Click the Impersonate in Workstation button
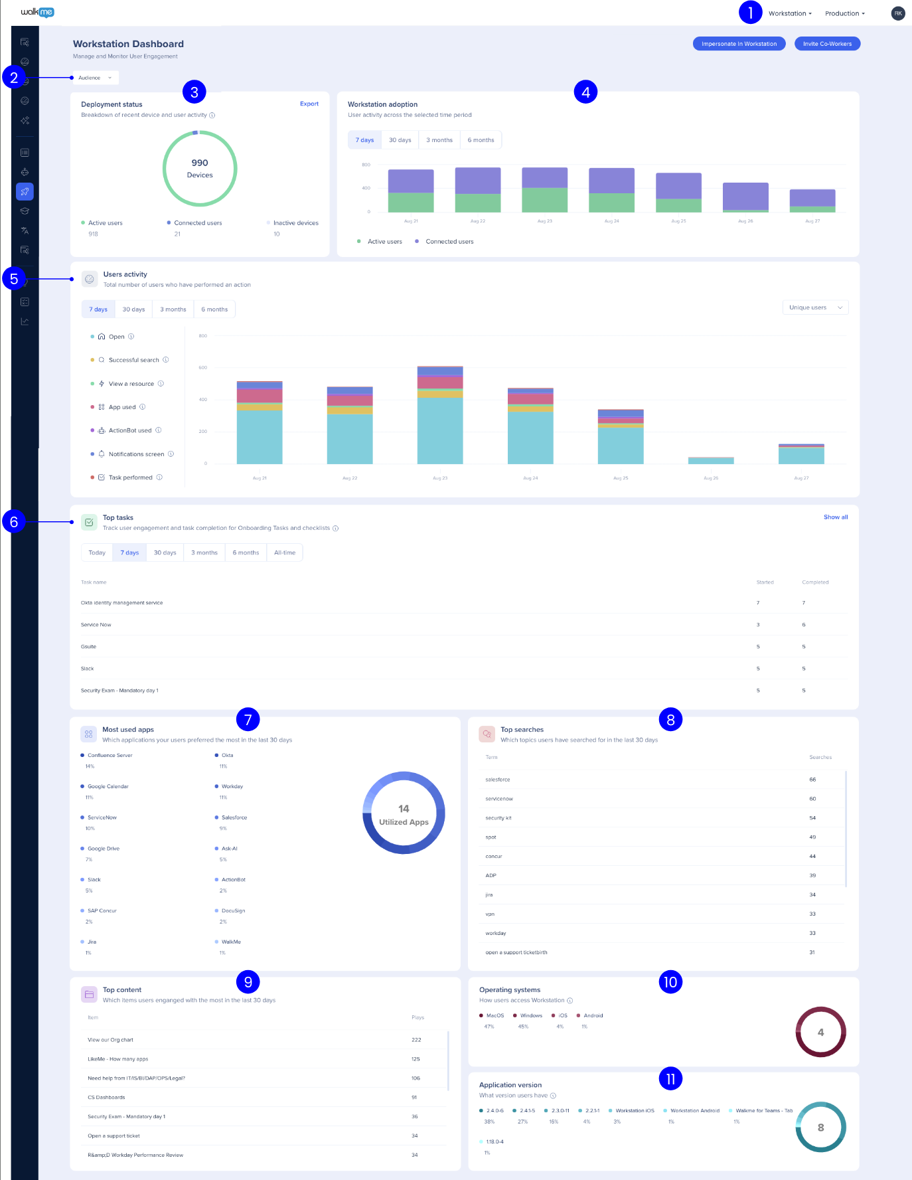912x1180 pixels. [739, 44]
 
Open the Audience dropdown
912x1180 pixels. [96, 78]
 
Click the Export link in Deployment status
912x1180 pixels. [309, 104]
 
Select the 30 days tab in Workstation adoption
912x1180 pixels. [400, 140]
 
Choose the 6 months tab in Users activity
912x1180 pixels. [214, 309]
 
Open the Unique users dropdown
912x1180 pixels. [815, 307]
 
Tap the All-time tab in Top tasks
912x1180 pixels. [285, 552]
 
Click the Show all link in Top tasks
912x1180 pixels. [835, 517]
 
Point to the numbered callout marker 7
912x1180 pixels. [248, 719]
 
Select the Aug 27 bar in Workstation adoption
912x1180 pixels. [812, 200]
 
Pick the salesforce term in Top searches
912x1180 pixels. [498, 780]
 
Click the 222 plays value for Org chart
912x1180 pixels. [416, 1040]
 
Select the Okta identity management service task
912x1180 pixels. [122, 603]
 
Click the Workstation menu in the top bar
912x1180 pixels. [790, 13]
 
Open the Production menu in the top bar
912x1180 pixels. [844, 13]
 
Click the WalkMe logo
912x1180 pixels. [37, 12]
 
